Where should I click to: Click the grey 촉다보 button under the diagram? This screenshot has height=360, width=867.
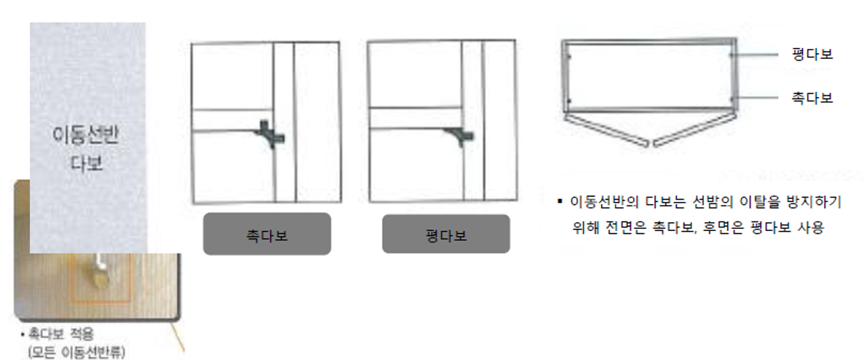click(267, 234)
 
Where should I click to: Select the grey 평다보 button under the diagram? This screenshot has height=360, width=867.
click(446, 234)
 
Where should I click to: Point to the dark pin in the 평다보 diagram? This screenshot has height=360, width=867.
click(460, 134)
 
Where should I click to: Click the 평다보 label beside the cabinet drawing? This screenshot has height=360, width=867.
click(812, 54)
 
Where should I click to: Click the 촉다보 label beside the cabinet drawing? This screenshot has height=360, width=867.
click(812, 98)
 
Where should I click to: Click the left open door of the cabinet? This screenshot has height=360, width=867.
click(605, 129)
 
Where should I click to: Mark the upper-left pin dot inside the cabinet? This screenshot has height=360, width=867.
click(569, 56)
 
